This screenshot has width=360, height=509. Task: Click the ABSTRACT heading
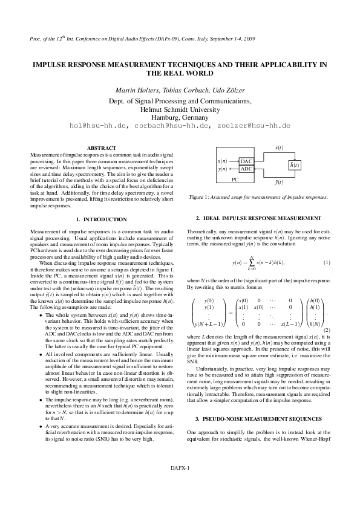[x=102, y=148]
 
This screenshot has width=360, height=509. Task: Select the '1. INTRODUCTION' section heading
[x=102, y=219]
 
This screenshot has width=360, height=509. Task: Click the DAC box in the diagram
[x=246, y=161]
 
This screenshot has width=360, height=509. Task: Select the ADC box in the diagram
[x=246, y=169]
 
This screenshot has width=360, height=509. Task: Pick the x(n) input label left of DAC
[x=222, y=161]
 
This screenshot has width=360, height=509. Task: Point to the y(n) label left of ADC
[x=222, y=169]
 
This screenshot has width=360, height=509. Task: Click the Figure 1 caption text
[x=258, y=197]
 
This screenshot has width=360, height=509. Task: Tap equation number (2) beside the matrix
[x=327, y=330]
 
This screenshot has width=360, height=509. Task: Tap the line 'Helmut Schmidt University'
[x=180, y=109]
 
